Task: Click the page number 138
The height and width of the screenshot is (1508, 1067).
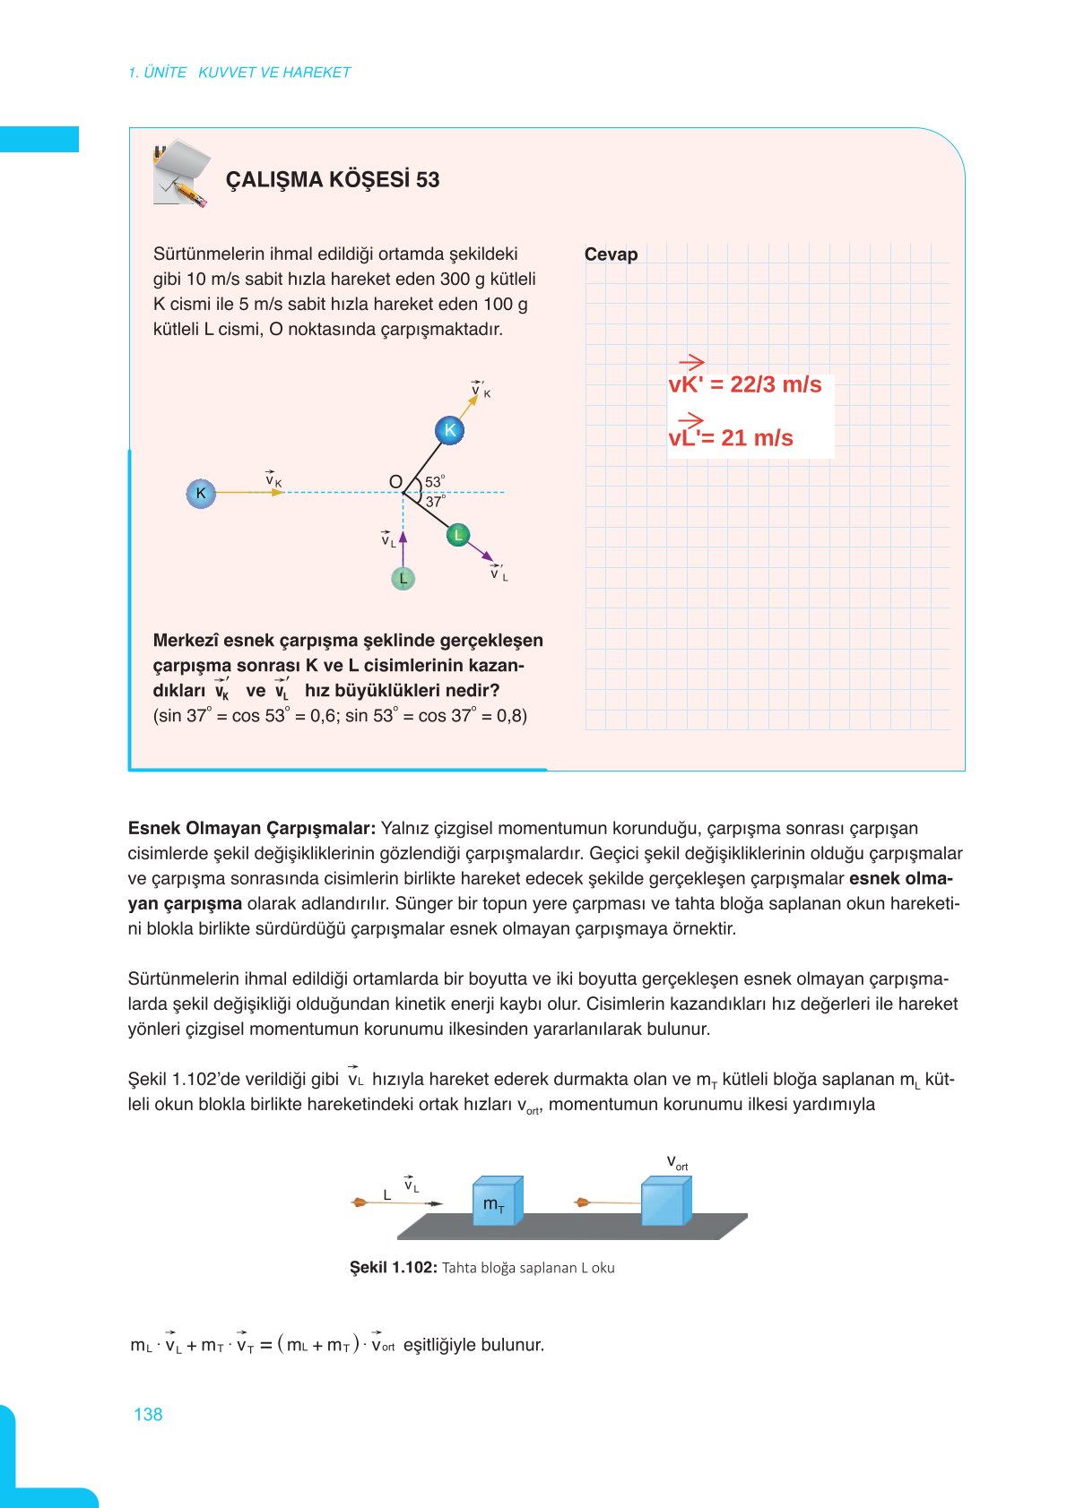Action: coord(148,1414)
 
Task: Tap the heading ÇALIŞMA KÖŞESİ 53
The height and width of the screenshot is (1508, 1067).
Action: coord(333,179)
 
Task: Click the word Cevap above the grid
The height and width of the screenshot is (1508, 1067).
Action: coord(611,254)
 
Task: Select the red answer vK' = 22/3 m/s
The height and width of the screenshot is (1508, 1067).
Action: coord(744,384)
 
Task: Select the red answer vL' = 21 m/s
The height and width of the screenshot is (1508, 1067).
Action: coord(731,437)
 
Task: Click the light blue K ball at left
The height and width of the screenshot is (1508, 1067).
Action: coord(201,493)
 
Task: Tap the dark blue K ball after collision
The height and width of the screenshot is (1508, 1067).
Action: coord(449,430)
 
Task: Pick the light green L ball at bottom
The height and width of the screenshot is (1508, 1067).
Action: coord(403,579)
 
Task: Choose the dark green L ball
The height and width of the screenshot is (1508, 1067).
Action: coord(458,535)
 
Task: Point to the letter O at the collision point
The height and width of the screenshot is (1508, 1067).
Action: coord(395,482)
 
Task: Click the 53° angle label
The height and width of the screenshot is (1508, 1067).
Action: coord(435,482)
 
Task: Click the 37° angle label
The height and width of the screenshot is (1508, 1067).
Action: coord(435,502)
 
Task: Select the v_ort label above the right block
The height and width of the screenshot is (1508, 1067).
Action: coord(677,1163)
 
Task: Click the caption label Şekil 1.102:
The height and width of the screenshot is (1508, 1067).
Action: coord(393,1267)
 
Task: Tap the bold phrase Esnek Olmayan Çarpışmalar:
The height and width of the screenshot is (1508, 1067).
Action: coord(251,828)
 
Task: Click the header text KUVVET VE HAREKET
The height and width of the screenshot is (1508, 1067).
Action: coord(274,73)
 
